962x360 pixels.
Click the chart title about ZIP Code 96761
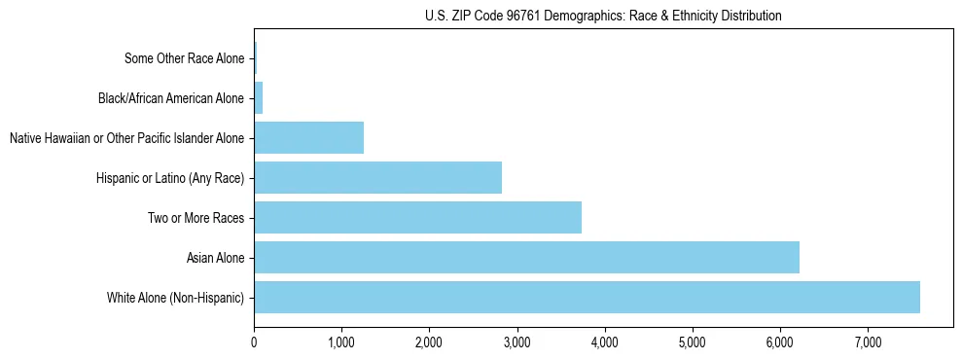coord(603,16)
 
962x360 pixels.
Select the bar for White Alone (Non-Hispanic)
coord(587,297)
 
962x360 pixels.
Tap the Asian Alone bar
coord(526,258)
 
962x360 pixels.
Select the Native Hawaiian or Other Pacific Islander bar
coord(308,138)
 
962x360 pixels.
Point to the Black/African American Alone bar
coord(258,98)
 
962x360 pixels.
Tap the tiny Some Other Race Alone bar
coord(255,58)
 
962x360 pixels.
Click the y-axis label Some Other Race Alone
coord(184,58)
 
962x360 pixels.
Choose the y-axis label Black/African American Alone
coord(171,98)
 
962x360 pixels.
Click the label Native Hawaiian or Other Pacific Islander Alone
coord(126,138)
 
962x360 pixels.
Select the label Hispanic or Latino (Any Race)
coord(170,178)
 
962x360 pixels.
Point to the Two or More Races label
coord(196,218)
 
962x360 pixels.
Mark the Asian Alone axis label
coord(215,258)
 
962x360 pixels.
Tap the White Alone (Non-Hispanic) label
coord(175,297)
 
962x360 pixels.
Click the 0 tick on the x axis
coord(254,342)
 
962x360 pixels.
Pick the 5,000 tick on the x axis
coord(692,342)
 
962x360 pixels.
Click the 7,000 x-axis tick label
coord(867,342)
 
